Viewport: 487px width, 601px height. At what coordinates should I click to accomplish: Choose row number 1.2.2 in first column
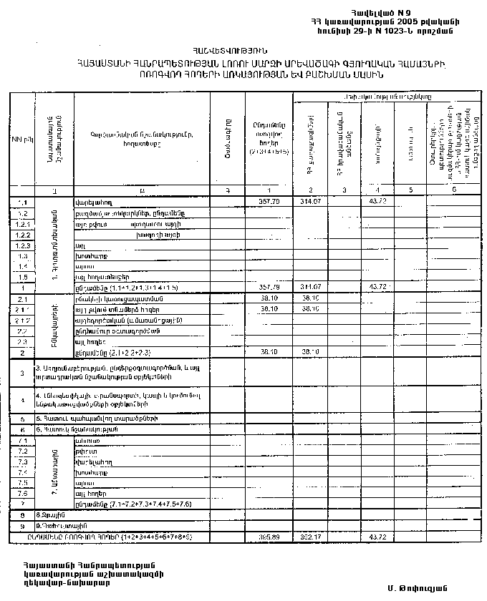click(x=21, y=235)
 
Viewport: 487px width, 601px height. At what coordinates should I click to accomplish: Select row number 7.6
click(x=21, y=494)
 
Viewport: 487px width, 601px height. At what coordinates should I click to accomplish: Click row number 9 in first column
click(x=22, y=525)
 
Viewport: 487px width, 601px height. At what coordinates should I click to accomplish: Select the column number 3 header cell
click(x=344, y=190)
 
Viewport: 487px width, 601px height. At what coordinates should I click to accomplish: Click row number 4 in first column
click(x=22, y=399)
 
